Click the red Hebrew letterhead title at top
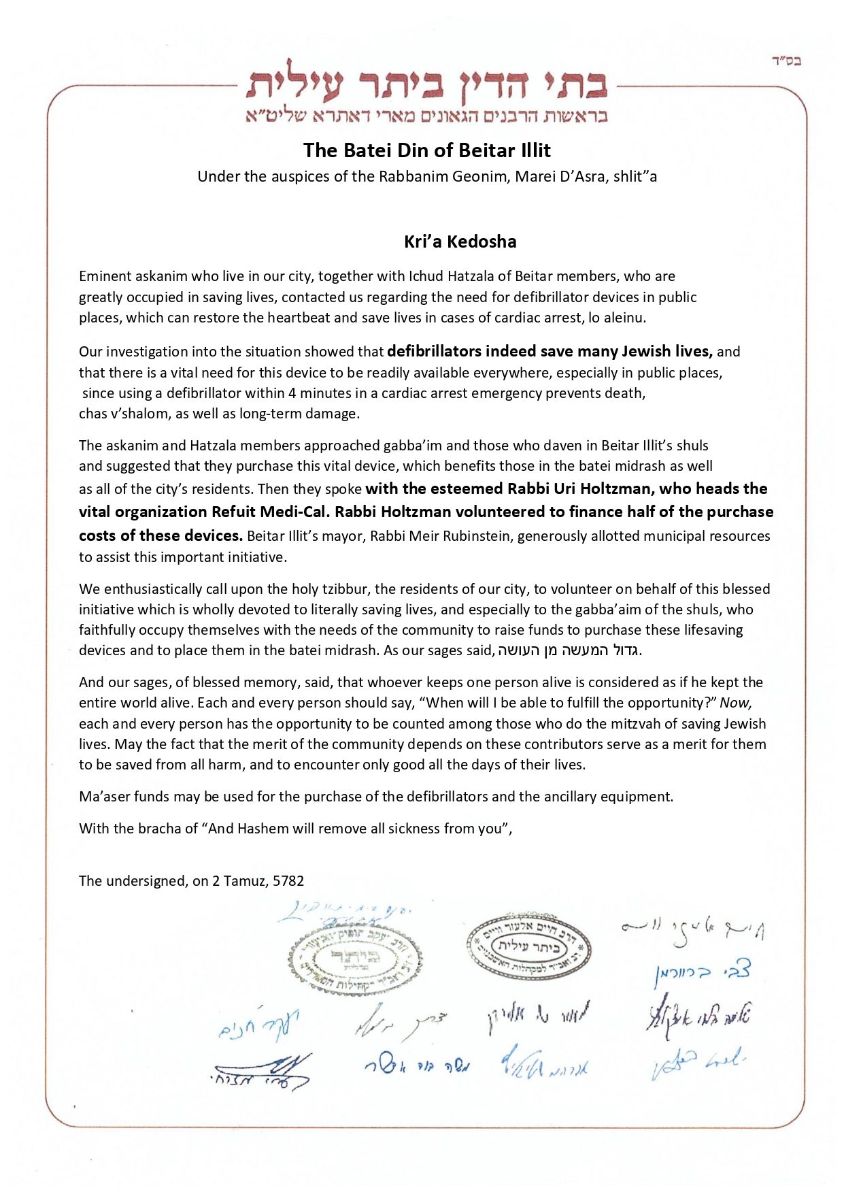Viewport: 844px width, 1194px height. click(426, 84)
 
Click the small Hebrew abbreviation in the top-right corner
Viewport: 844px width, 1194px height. click(786, 61)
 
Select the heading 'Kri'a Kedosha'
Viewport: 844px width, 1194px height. click(460, 242)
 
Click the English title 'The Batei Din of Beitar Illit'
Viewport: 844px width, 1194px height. click(426, 150)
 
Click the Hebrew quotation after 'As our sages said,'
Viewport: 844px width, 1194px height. click(569, 650)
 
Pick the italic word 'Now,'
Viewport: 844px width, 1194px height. click(736, 703)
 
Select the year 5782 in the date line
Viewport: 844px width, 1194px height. click(288, 881)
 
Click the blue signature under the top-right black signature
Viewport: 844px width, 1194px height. click(700, 974)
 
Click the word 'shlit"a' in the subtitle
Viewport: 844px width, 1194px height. click(635, 177)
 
